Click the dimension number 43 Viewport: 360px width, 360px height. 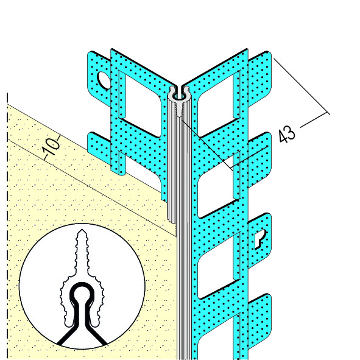click(287, 134)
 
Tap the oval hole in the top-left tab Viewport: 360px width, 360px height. click(104, 80)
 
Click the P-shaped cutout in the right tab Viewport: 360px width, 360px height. click(260, 239)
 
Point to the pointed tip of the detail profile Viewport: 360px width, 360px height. click(82, 230)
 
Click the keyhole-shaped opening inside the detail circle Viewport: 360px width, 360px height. click(82, 298)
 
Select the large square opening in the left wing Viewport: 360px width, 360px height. click(141, 104)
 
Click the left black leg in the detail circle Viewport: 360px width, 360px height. click(66, 333)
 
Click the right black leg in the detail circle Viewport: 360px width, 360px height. click(97, 333)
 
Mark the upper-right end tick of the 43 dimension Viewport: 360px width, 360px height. click(327, 112)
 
